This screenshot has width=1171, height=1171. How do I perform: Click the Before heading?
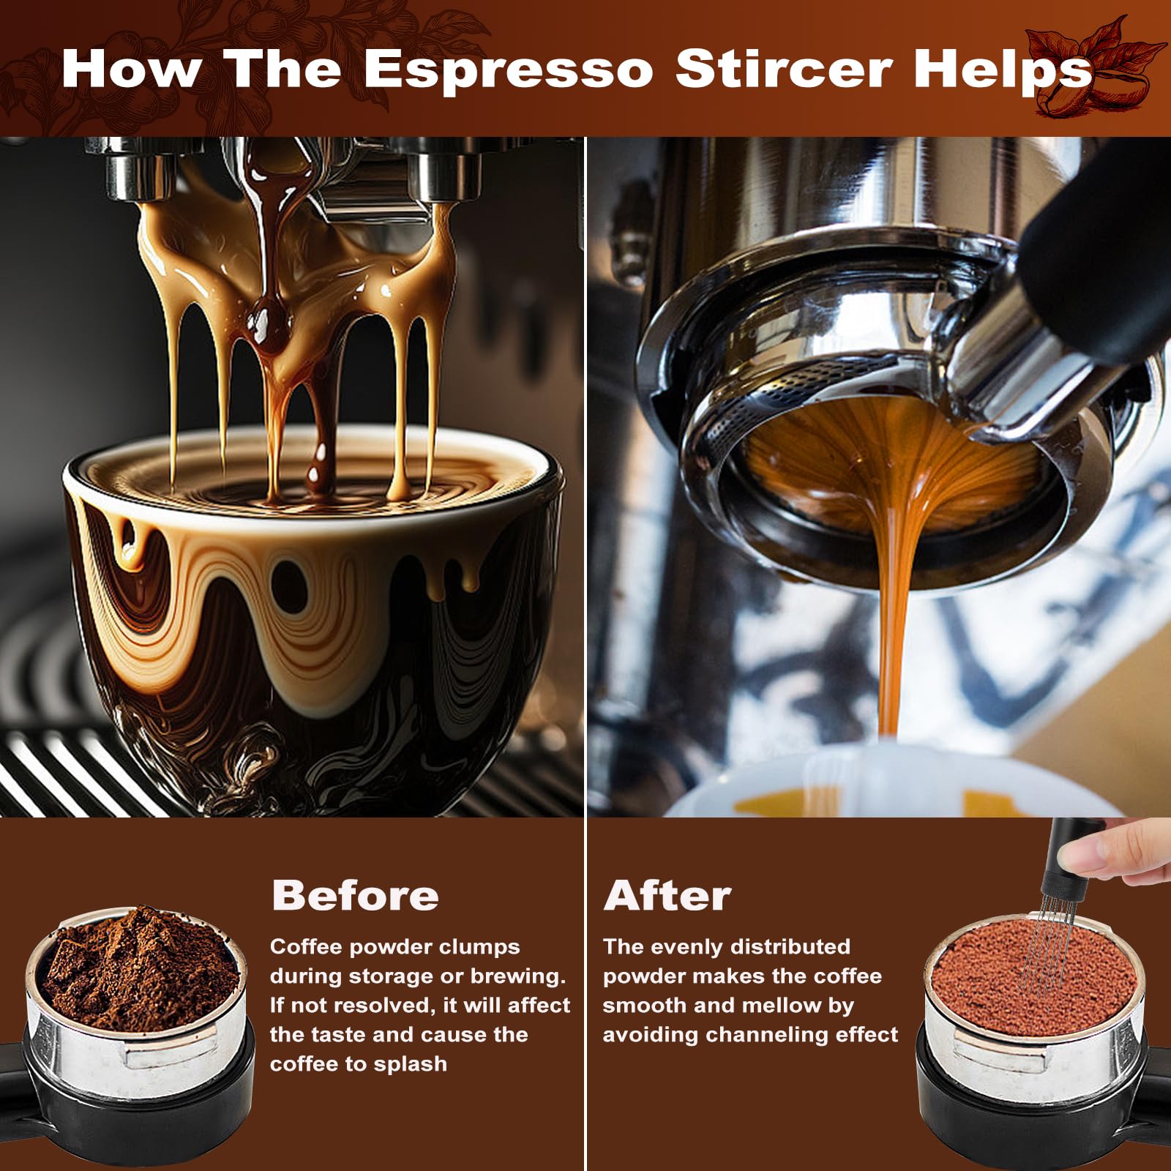point(355,894)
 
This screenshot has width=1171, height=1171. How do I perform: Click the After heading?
point(667,894)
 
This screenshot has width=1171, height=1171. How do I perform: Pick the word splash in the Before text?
point(411,1063)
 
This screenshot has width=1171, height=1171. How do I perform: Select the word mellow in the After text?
point(782,1006)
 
